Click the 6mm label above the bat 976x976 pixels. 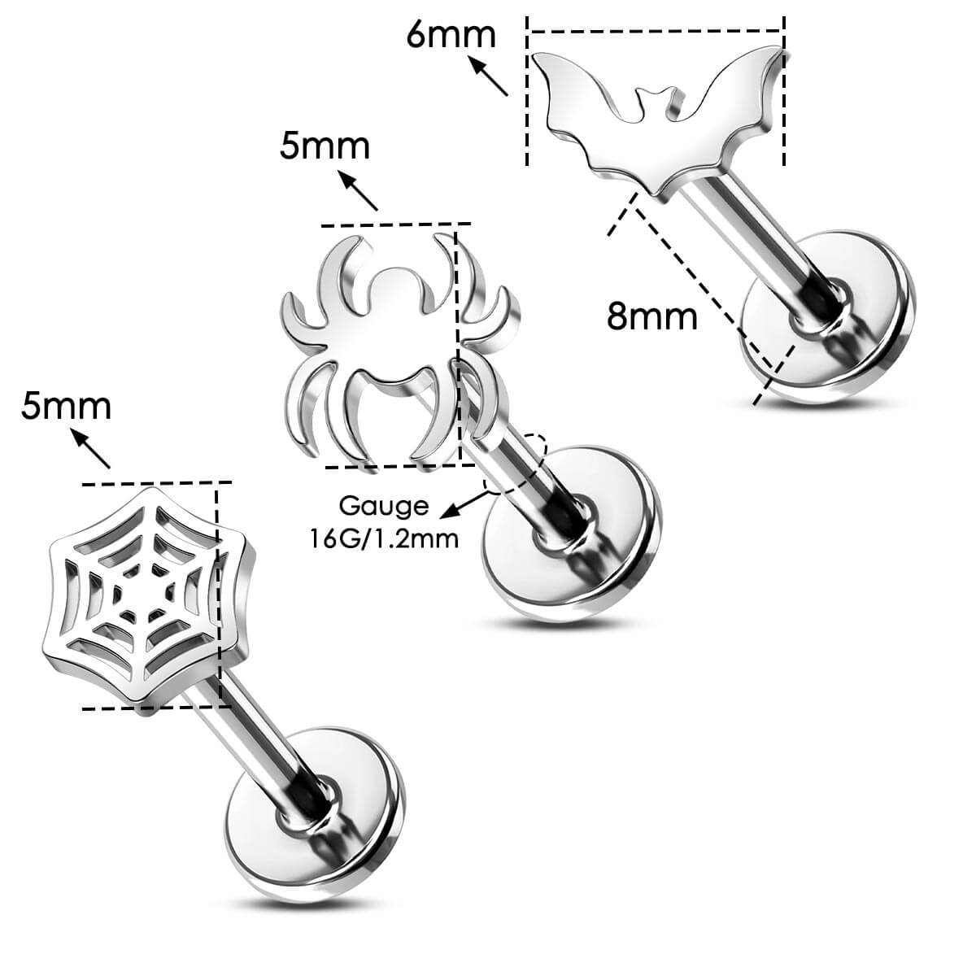(x=451, y=35)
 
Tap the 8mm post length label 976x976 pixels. (x=652, y=316)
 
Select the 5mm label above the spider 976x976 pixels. (x=325, y=146)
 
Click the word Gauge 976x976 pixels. (x=383, y=506)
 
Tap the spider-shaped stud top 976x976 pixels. (x=382, y=342)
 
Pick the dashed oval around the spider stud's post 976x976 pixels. (x=516, y=464)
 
